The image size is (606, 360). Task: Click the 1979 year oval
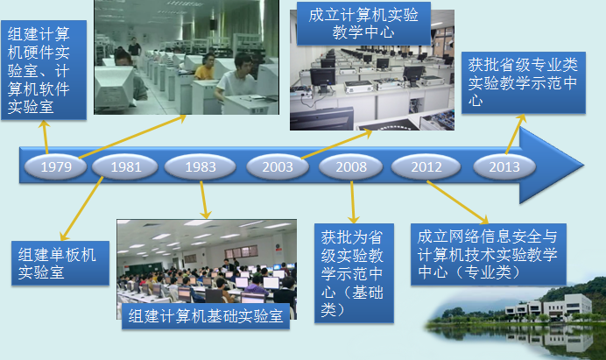coord(56,167)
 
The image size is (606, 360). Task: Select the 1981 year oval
coord(125,167)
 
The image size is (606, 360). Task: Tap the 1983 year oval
coord(201,167)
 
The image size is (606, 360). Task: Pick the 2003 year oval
coord(278,167)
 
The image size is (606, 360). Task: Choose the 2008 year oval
coord(351,167)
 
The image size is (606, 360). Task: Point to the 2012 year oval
coord(426,167)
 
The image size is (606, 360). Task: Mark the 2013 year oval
coord(504,167)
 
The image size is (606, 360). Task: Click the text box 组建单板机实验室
coord(60,264)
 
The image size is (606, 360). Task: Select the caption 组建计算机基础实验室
coord(206,316)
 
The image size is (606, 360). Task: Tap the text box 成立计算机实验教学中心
coord(363,24)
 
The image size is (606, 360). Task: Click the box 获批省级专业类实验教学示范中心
coord(524,82)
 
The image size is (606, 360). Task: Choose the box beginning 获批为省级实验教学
coord(354,273)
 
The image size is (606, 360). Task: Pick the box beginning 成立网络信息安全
coord(489,254)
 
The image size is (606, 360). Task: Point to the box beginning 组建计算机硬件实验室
coord(44,70)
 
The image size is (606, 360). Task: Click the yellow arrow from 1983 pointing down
coord(204,200)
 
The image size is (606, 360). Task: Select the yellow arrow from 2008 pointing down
coord(352,201)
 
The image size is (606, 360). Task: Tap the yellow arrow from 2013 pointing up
coord(516,134)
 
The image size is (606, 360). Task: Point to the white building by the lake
coord(549,307)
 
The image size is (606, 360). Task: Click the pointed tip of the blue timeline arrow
coord(583,166)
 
